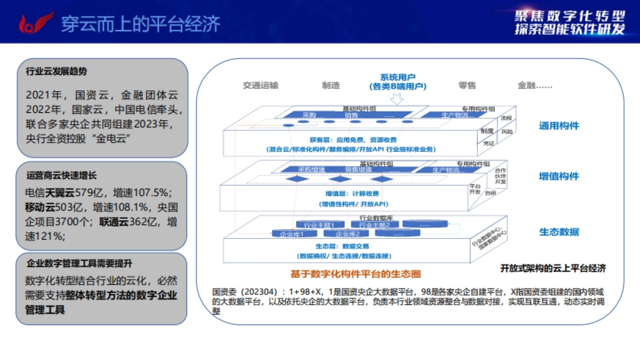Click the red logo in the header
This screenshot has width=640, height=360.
coord(36,22)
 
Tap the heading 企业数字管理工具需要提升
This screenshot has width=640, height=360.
coord(79,263)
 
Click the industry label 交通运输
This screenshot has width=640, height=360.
coord(260,85)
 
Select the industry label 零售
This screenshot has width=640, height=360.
coord(467,85)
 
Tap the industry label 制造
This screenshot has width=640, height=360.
coord(331,85)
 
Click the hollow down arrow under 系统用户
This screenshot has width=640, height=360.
coord(396,99)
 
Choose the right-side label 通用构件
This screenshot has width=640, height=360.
coord(558,126)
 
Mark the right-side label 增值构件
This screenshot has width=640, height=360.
coord(558,177)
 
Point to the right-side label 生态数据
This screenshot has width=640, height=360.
coord(558,232)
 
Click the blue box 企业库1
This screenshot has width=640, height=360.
coord(291,234)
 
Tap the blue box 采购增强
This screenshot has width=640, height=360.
coord(311,170)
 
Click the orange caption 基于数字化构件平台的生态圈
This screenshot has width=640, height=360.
coord(355,274)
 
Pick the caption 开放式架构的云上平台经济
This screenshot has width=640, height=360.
coord(553,268)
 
